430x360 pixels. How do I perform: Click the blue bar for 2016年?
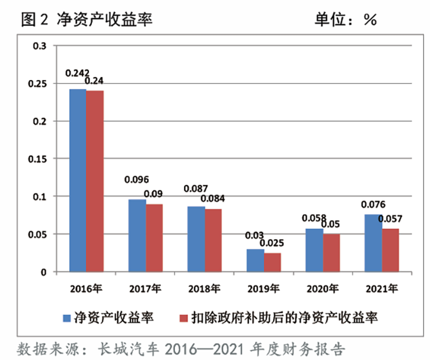click(77, 180)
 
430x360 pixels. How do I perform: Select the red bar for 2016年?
click(94, 181)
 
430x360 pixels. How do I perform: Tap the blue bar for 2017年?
click(137, 235)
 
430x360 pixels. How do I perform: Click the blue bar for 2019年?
click(255, 260)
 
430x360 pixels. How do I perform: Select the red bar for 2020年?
click(331, 253)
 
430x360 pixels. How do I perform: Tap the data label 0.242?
click(77, 73)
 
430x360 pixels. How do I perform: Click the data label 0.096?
click(136, 179)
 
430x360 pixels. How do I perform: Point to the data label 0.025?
click(274, 243)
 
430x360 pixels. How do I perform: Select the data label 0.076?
click(373, 204)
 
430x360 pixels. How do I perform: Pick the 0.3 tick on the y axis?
click(40, 46)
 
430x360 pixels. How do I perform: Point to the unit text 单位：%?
click(346, 20)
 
